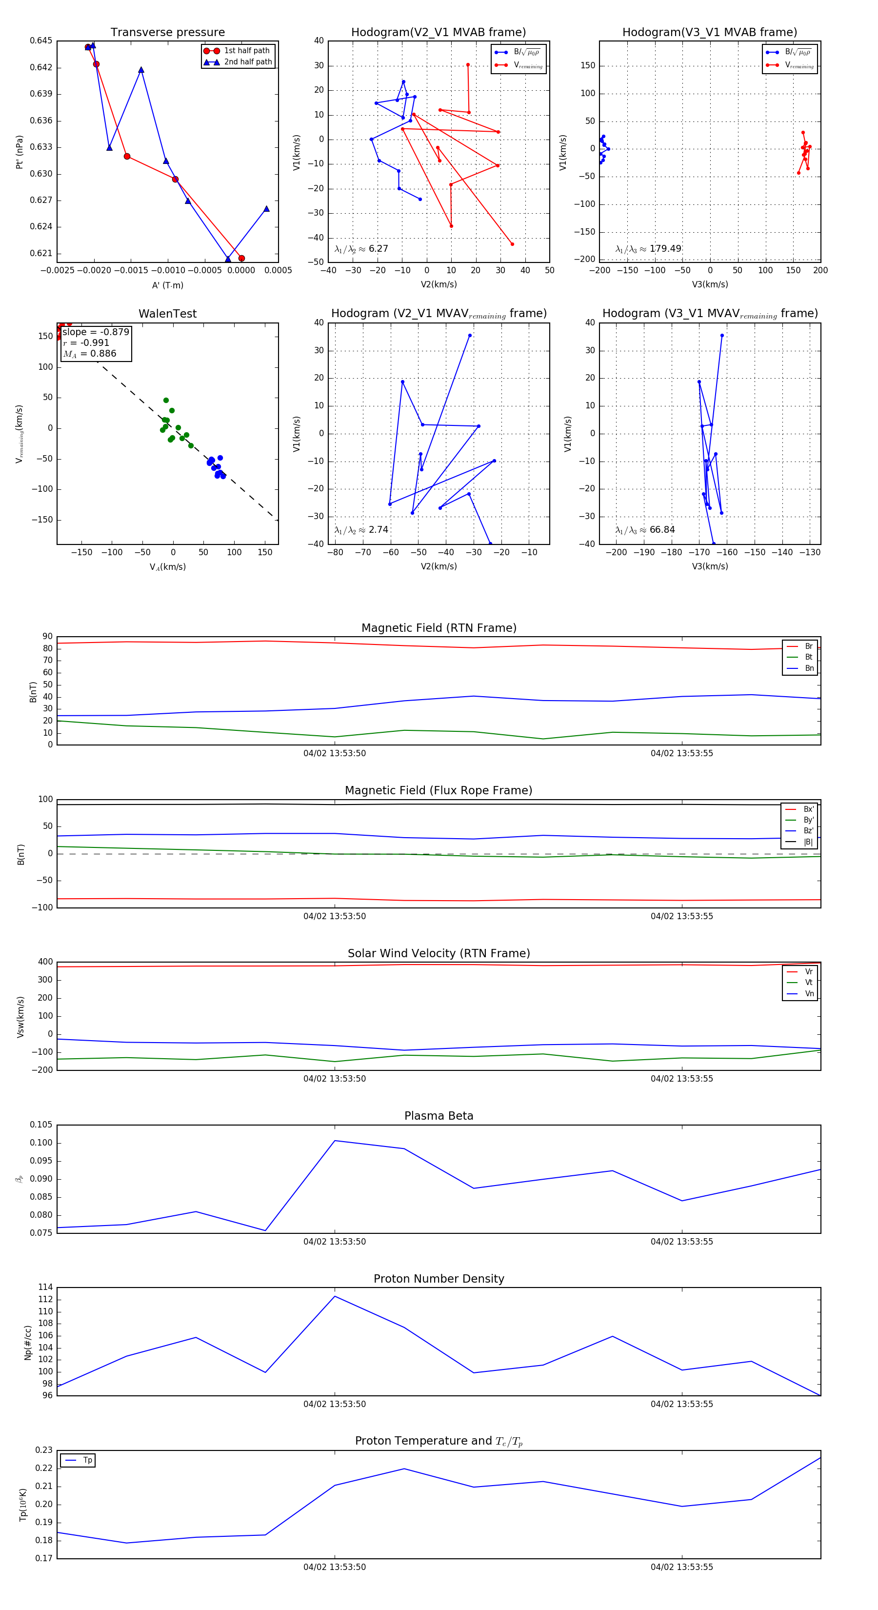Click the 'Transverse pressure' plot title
pos(167,33)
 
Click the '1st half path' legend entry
pos(246,51)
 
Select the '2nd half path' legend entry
pos(247,62)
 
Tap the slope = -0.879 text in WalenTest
pos(96,332)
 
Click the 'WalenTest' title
pos(167,314)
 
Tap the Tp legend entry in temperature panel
pos(87,1460)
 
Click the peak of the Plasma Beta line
pos(335,1141)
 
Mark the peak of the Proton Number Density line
pos(335,1296)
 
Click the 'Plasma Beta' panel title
pos(439,1116)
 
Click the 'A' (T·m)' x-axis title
pos(167,285)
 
